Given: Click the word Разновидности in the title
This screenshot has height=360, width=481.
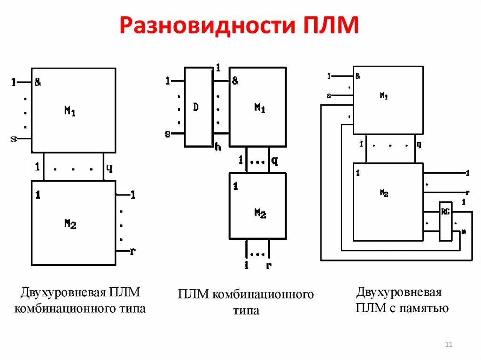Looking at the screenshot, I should tap(205, 26).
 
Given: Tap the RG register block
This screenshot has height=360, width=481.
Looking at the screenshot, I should tap(445, 221).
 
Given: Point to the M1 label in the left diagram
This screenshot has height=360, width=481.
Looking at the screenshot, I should tap(70, 111).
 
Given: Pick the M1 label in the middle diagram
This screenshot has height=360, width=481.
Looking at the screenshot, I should tap(260, 108).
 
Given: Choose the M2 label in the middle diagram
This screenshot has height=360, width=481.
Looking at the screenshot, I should tap(260, 213).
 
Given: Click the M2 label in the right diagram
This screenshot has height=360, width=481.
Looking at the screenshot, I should tap(384, 193).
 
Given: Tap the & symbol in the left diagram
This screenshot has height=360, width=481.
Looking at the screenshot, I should tap(38, 83).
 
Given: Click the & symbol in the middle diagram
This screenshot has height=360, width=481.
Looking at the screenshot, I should tap(235, 81).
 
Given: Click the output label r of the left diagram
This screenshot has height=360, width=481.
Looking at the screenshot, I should tap(133, 251).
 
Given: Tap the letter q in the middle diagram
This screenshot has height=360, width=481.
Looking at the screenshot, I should tap(274, 161).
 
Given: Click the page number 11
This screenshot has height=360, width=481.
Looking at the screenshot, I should tap(448, 345).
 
